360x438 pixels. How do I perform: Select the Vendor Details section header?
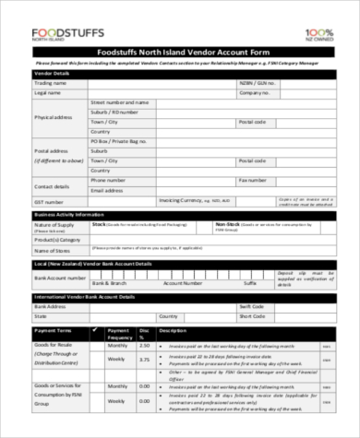(52, 72)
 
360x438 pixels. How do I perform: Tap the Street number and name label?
(119, 102)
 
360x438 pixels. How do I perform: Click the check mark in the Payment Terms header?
(93, 328)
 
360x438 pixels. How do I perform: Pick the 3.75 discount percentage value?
(142, 359)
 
